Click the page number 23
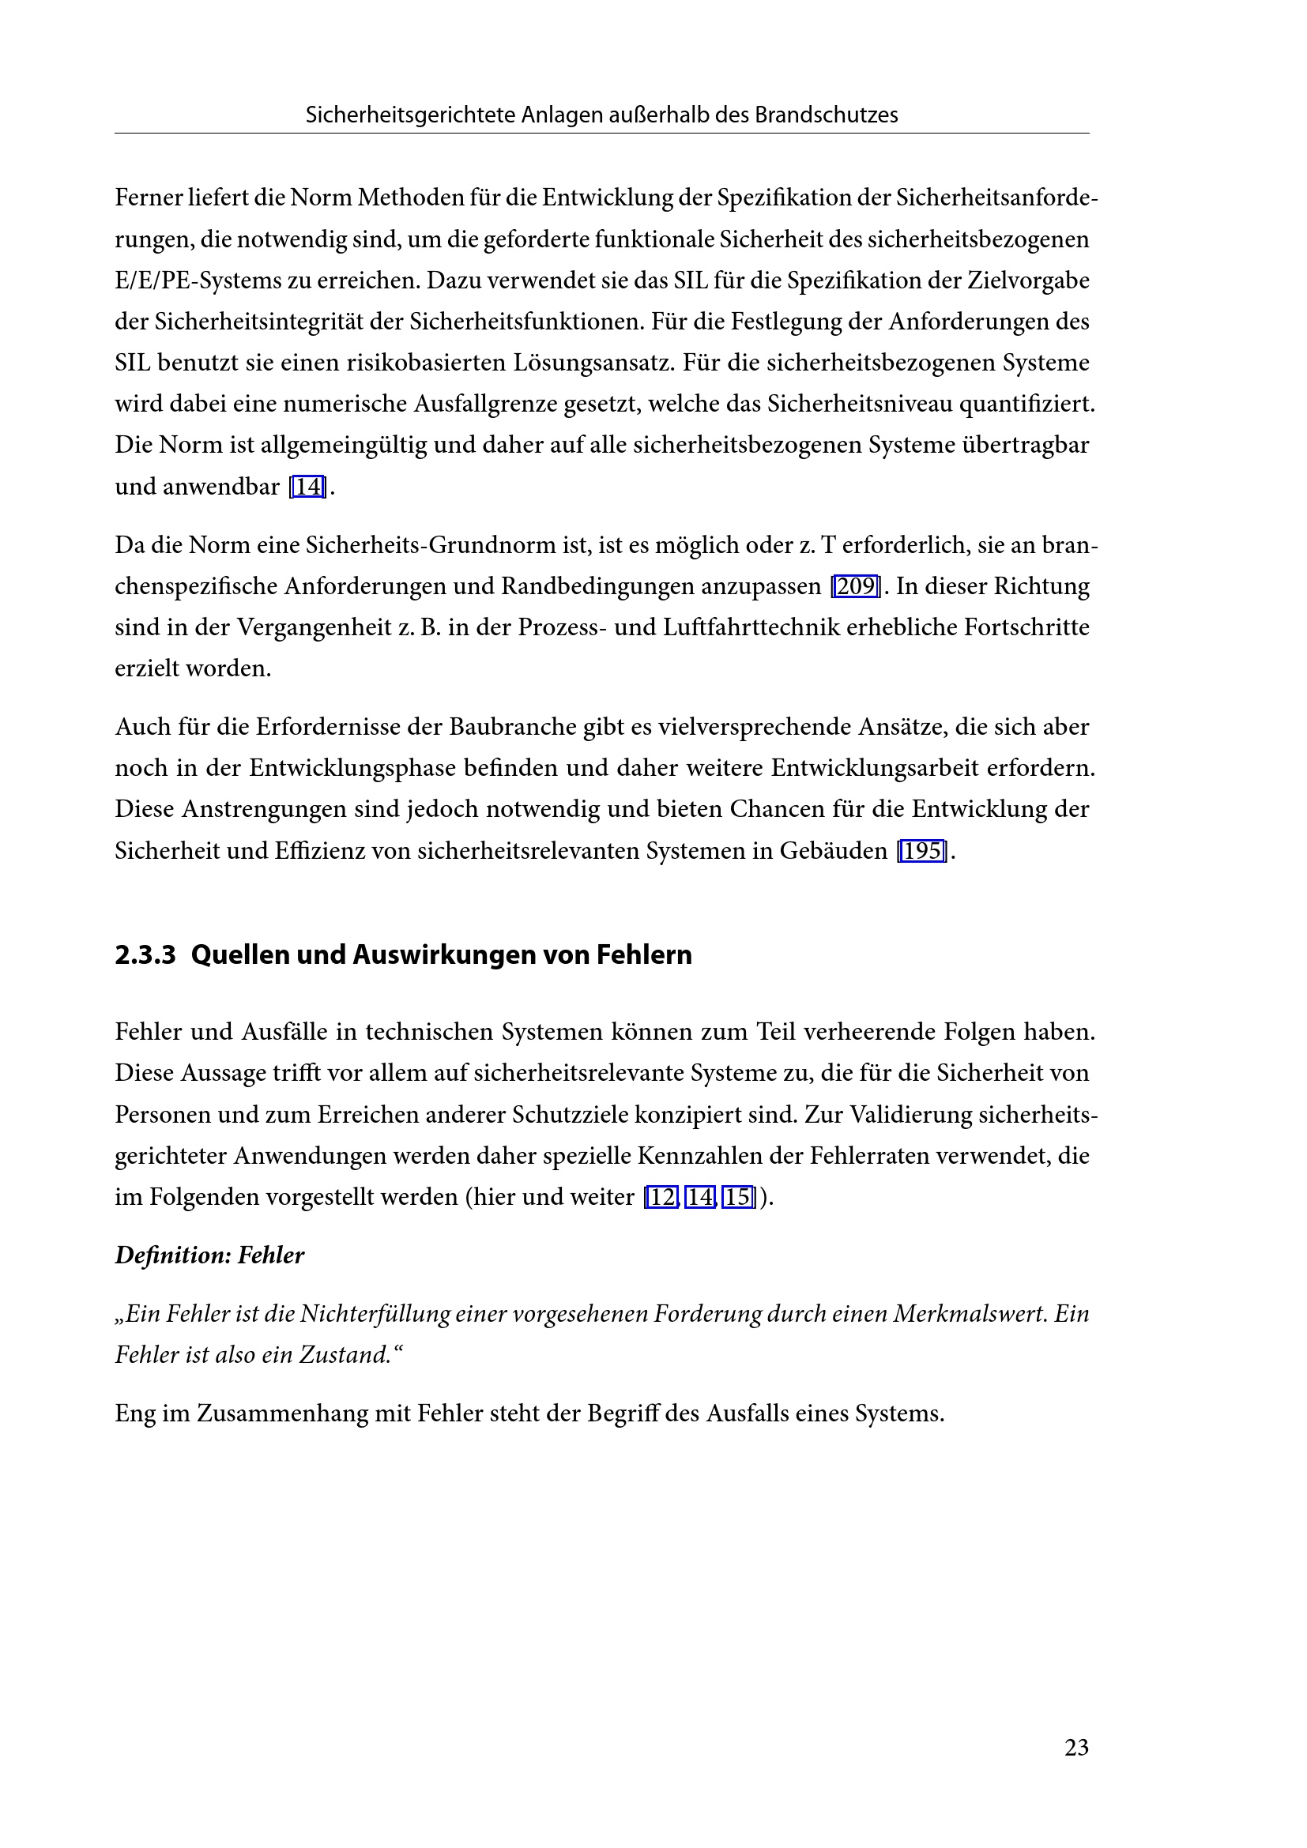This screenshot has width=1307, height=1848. coord(1076,1748)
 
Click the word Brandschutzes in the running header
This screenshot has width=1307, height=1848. coord(826,115)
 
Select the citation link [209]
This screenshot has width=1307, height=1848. coord(856,586)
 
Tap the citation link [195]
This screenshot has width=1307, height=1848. coord(922,851)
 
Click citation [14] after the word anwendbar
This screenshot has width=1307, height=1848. coord(307,487)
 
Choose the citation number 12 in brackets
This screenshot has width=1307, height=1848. coord(661,1197)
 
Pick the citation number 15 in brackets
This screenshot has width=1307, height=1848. coord(738,1197)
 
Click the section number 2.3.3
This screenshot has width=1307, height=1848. coord(145,954)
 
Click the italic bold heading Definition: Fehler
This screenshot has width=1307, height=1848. coord(209,1255)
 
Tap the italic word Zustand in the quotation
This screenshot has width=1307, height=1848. coord(345,1356)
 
